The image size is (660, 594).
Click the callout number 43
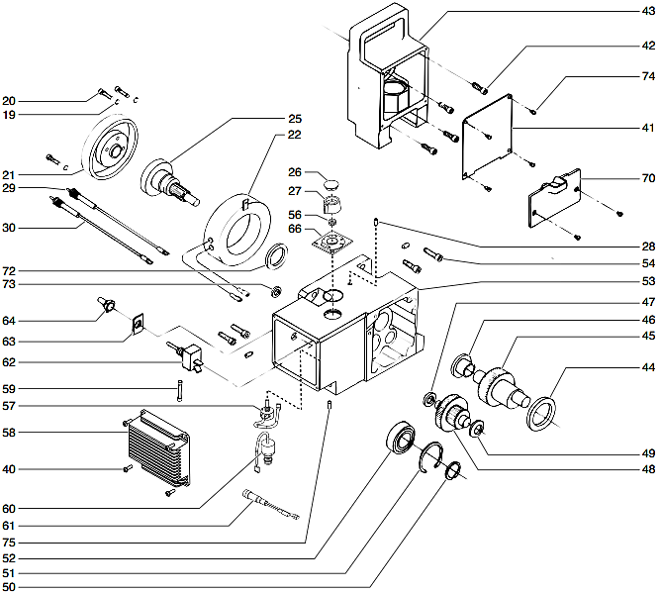point(647,11)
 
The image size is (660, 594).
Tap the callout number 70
point(647,181)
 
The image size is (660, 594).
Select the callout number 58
point(10,433)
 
